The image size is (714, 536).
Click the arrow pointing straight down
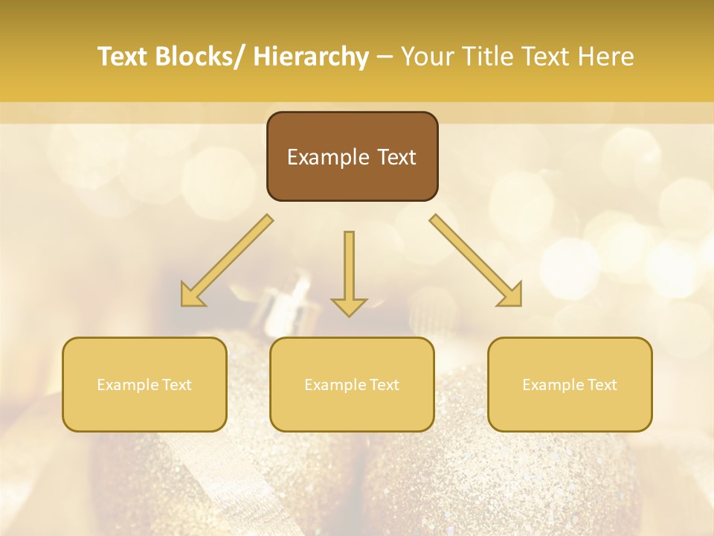(x=349, y=272)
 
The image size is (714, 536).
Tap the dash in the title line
(x=385, y=57)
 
